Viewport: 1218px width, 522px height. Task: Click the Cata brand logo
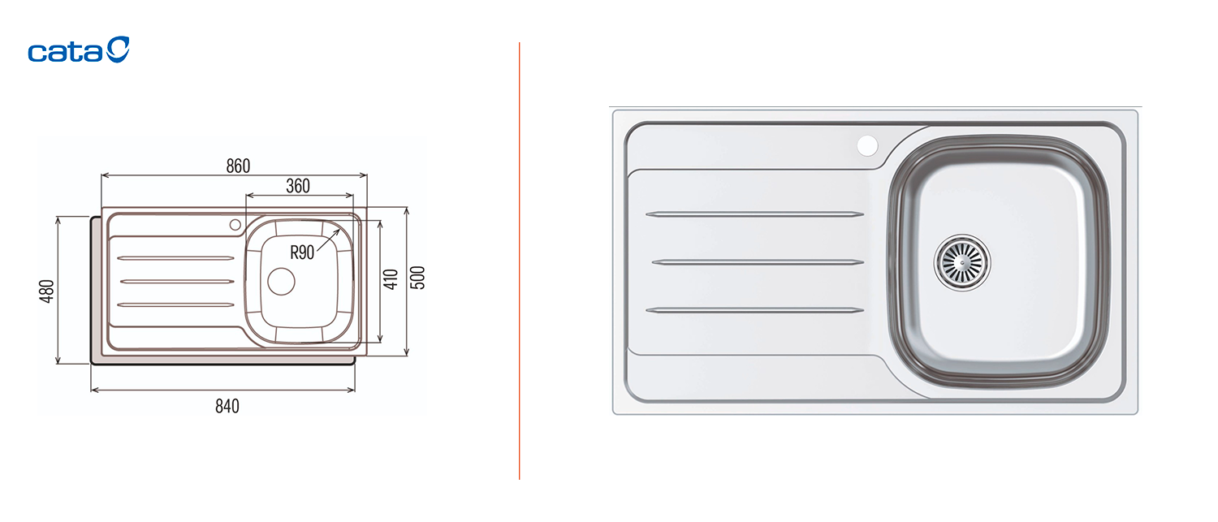[78, 50]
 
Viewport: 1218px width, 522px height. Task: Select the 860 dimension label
[238, 166]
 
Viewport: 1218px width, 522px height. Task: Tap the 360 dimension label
[298, 186]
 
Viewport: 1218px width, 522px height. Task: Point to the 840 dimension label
[227, 406]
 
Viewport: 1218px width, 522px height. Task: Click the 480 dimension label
[47, 291]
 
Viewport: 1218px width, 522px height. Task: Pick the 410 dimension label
[391, 279]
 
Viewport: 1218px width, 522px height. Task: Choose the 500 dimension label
[417, 278]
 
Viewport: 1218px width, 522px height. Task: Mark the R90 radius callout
[302, 252]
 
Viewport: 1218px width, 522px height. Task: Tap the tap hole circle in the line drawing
[235, 225]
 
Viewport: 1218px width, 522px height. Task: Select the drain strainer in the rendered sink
[962, 263]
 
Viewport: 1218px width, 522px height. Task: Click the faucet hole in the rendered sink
[867, 146]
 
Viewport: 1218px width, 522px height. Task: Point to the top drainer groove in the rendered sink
[754, 214]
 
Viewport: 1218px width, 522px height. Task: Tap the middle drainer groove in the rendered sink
[758, 262]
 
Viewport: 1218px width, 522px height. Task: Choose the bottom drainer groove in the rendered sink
[754, 310]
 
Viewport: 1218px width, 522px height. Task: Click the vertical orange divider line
[520, 261]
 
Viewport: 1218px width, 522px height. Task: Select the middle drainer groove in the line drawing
[177, 281]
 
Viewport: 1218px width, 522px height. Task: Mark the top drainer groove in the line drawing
[175, 258]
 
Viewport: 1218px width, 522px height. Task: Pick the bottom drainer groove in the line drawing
[175, 304]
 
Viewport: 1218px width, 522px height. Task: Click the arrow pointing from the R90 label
[328, 239]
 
